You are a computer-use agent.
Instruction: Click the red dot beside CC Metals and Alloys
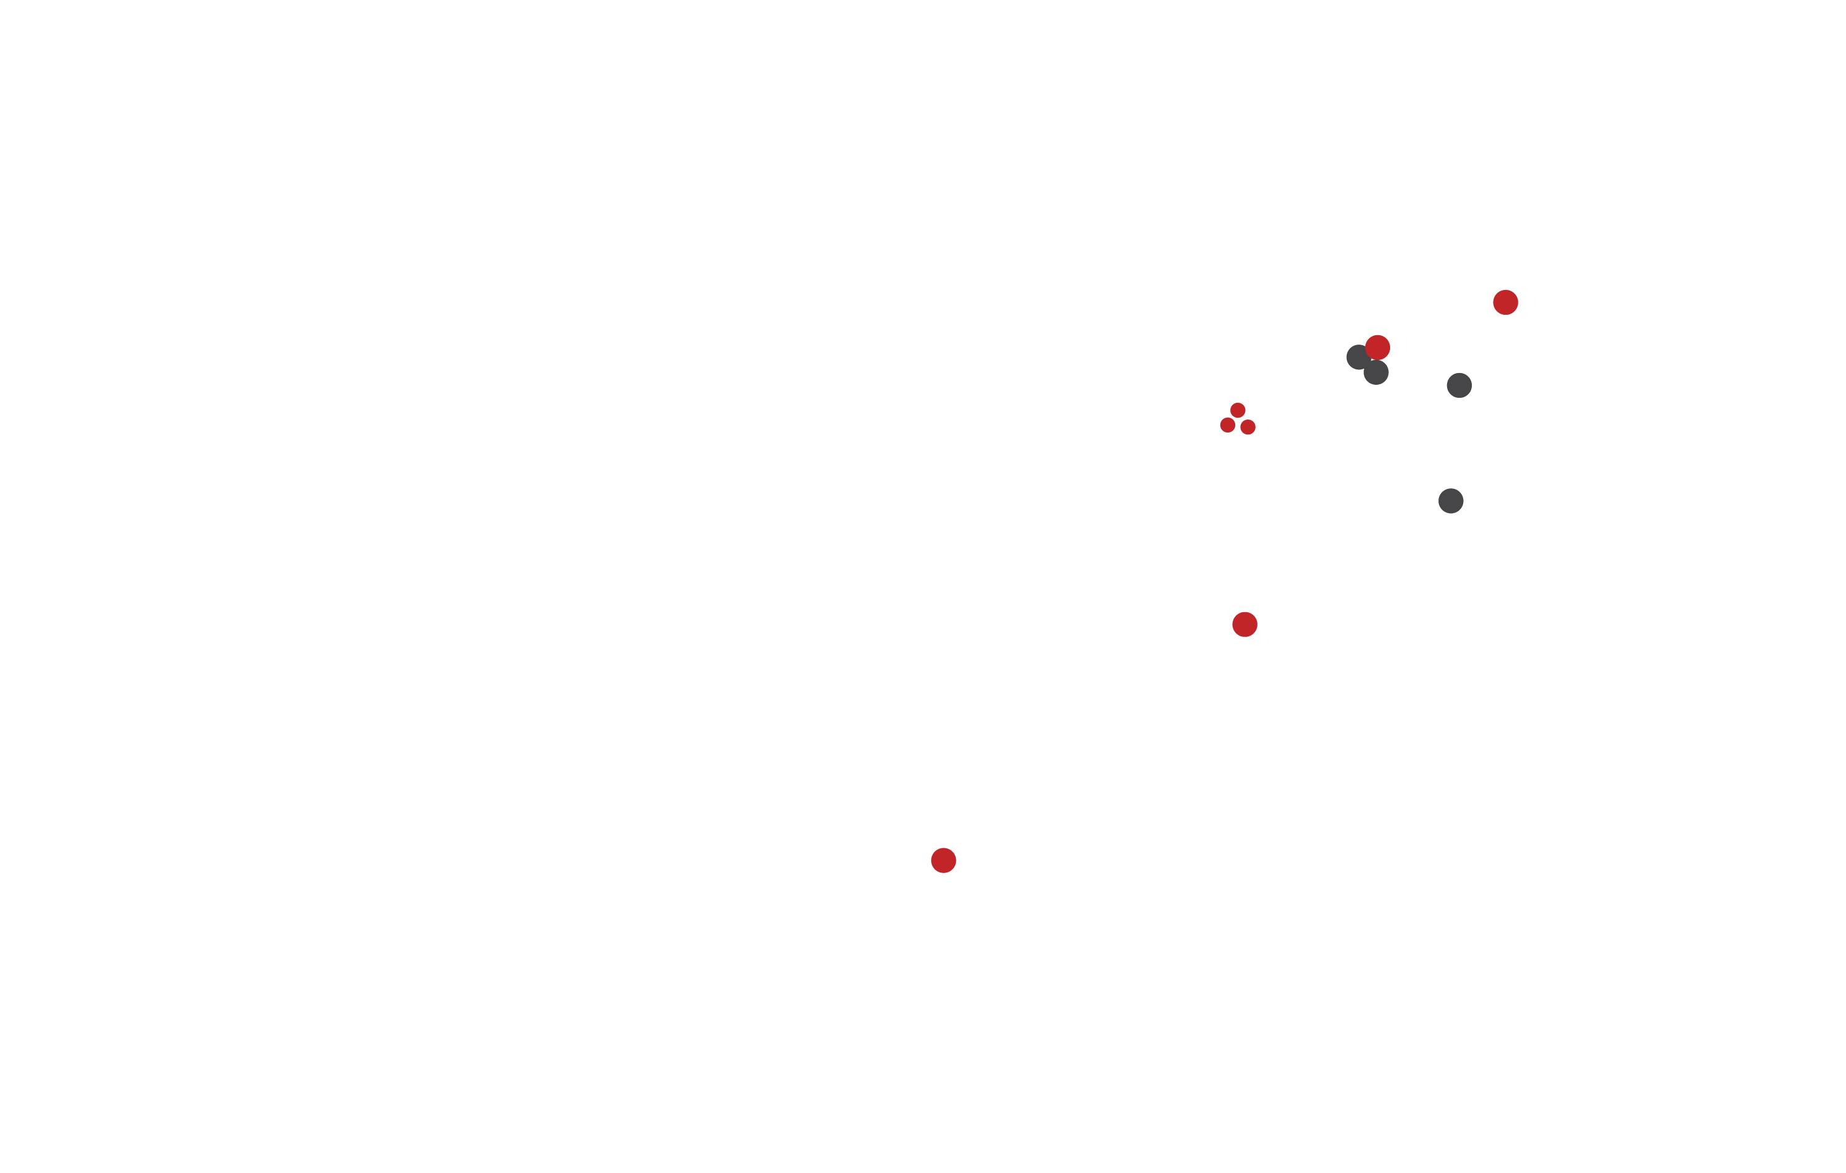[1245, 624]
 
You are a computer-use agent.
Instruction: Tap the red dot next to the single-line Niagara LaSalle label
[943, 860]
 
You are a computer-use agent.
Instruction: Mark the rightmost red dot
[1505, 302]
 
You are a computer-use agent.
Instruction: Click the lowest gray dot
[1450, 501]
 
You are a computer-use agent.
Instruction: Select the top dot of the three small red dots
[1237, 410]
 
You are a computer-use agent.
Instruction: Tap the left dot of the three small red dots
[1227, 424]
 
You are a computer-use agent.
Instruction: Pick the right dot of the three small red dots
[1248, 427]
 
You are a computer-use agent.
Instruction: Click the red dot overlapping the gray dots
[1378, 346]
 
